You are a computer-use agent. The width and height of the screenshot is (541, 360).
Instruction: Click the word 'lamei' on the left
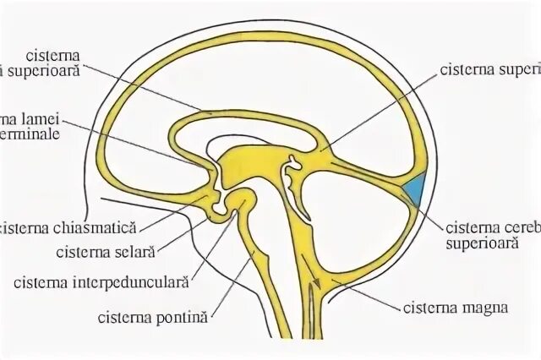point(41,118)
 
